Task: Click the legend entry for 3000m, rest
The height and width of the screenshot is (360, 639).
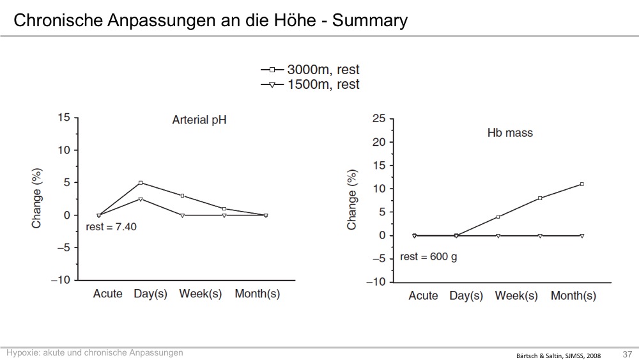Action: [x=310, y=70]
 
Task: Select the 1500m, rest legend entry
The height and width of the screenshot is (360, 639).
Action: [x=310, y=84]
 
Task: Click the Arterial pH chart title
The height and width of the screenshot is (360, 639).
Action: [x=199, y=120]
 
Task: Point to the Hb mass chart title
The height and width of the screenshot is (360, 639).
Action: [x=510, y=132]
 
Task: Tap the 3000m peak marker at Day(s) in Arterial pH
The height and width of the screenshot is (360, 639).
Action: [x=141, y=183]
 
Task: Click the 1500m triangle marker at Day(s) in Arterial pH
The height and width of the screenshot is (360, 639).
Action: [x=141, y=199]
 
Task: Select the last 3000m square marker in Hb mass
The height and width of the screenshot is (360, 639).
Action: [x=581, y=184]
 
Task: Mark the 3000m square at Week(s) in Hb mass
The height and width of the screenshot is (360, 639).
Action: [x=498, y=217]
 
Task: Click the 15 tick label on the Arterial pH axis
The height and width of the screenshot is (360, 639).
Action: [x=64, y=118]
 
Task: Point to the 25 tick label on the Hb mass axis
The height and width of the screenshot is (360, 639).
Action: [x=378, y=119]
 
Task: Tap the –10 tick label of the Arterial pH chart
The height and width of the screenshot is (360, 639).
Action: [x=61, y=280]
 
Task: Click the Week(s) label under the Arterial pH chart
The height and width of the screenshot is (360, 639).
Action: [x=201, y=293]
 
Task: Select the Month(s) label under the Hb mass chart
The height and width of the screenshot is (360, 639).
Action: [x=573, y=295]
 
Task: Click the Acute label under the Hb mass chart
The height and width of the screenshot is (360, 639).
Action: [x=423, y=295]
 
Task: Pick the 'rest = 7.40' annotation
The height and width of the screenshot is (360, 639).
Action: [x=111, y=227]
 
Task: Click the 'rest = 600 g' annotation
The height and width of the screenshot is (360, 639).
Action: [x=428, y=257]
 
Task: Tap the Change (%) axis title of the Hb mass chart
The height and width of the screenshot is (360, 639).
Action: [x=351, y=200]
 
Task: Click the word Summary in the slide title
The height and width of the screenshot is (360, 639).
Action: [x=369, y=20]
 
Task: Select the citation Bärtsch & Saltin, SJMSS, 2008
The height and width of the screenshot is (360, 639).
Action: [x=558, y=356]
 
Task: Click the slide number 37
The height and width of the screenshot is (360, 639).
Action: [x=627, y=354]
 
